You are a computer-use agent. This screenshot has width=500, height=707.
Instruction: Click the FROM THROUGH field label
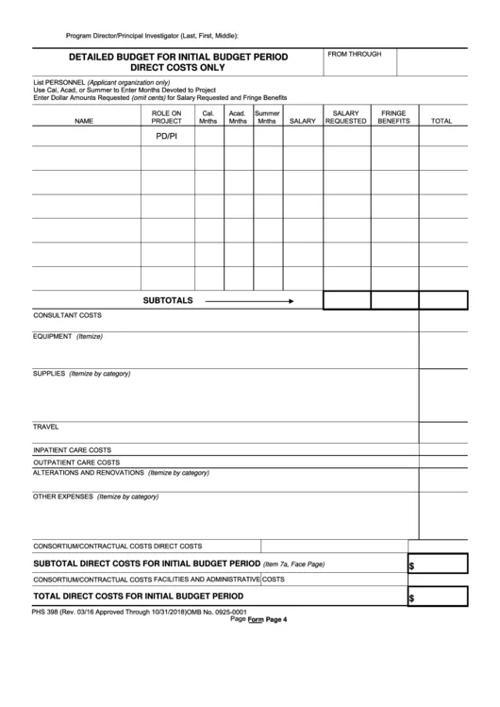pos(355,55)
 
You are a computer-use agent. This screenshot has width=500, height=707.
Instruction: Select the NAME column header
pos(84,122)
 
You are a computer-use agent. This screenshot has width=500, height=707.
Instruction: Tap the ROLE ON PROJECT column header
pos(166,117)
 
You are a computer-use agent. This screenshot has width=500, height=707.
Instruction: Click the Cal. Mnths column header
pos(208,117)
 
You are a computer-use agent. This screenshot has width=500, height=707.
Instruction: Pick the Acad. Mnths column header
pos(238,117)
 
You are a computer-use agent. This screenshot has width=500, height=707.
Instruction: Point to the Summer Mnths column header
pos(267,117)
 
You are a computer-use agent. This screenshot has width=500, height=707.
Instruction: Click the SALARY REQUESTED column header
pos(345,117)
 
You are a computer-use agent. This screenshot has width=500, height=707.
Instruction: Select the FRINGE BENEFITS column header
pos(393,117)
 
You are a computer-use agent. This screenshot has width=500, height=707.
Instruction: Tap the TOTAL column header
pos(442,122)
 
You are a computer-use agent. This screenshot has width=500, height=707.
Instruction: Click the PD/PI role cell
pos(166,137)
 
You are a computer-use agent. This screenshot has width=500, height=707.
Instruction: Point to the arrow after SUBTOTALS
pos(249,301)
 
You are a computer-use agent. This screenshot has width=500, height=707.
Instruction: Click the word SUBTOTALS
pos(167,301)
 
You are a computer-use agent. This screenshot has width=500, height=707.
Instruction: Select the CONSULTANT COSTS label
pos(67,315)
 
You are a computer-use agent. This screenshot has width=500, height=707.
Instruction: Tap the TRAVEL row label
pos(46,427)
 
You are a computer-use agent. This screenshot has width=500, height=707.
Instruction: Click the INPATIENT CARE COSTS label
pos(73,450)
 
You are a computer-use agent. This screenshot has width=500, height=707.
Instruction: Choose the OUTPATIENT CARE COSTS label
pos(76,463)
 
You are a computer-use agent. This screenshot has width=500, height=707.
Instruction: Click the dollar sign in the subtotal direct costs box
pos(411,566)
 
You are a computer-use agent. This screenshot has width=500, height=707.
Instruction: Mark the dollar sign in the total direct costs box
pos(411,598)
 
